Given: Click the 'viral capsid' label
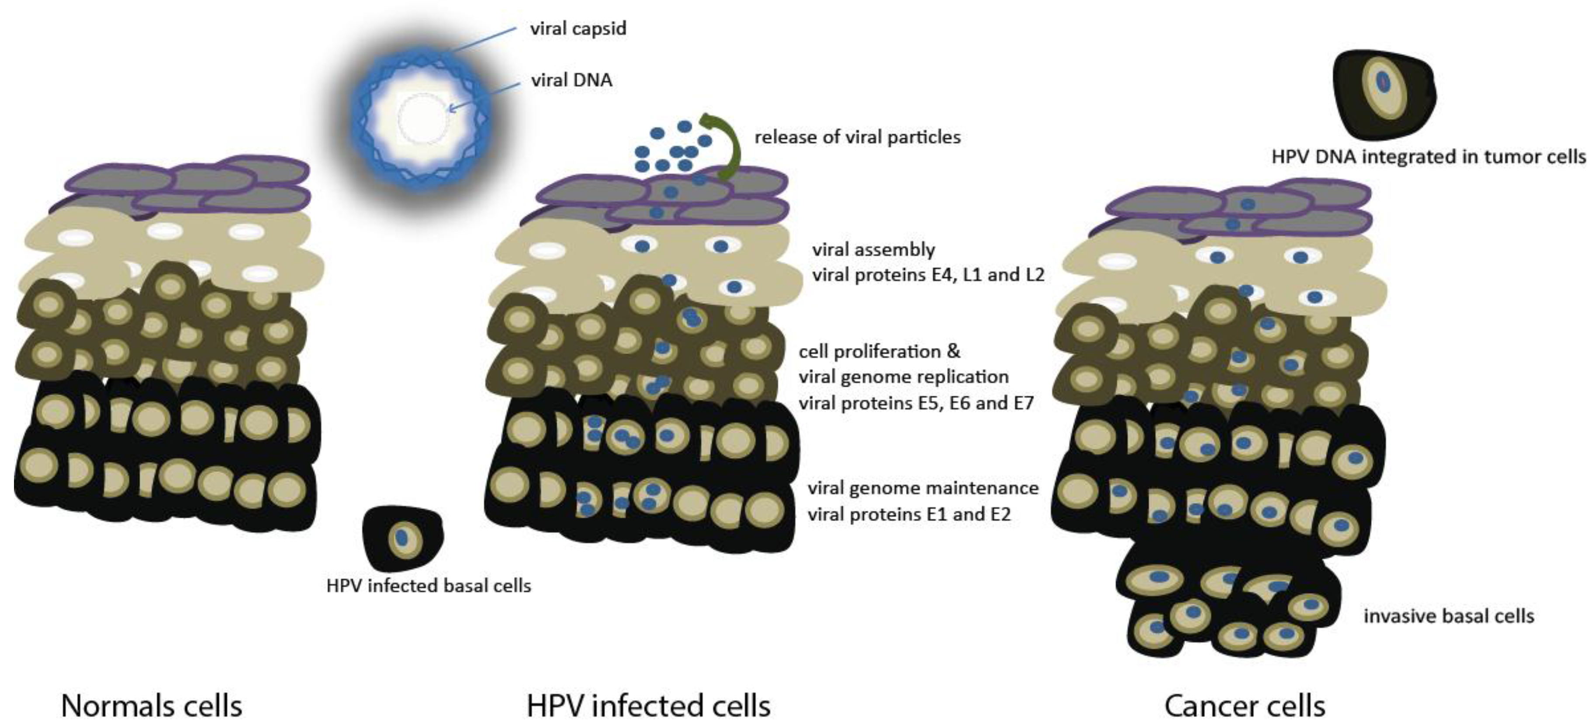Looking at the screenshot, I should [x=578, y=28].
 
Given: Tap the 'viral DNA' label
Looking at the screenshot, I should [x=571, y=80].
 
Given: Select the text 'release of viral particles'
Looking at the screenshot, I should [x=857, y=137].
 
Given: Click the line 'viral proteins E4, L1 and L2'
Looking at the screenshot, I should [x=927, y=274].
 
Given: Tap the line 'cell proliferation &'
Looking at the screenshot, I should [x=879, y=352].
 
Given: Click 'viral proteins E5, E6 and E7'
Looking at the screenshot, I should [x=916, y=403].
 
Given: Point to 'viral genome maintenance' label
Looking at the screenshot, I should [x=923, y=488].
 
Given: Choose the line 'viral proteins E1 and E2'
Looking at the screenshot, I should [x=908, y=514].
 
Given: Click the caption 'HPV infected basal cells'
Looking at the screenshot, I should [x=429, y=586].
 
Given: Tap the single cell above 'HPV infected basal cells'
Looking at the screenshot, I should [x=402, y=537].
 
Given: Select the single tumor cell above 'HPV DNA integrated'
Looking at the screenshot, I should [x=1384, y=93].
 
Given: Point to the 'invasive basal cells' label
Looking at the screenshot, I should [x=1448, y=616].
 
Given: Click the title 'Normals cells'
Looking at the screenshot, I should [x=152, y=705].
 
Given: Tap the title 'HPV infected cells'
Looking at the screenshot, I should [x=648, y=705].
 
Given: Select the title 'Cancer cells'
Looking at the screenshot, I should [x=1245, y=705].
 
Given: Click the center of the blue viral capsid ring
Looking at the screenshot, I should [x=422, y=118].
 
